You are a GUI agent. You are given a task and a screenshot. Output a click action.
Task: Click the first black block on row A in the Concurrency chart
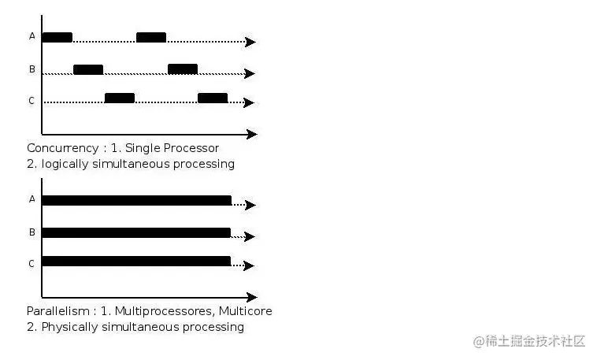57,37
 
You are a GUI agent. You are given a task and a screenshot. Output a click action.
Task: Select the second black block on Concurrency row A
151,37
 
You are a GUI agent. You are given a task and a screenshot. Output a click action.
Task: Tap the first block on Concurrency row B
88,69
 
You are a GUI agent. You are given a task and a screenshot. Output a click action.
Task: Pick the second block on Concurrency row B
183,69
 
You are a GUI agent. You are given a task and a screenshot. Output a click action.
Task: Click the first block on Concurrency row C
120,98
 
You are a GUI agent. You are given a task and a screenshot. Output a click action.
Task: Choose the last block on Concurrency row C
213,98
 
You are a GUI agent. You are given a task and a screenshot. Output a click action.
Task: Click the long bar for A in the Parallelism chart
137,200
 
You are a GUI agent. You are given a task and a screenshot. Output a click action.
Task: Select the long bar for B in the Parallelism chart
136,232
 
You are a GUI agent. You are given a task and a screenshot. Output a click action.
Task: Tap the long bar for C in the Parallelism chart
136,261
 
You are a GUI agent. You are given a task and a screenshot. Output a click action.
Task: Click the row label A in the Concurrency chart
32,35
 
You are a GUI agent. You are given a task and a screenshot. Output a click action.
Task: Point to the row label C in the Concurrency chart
32,101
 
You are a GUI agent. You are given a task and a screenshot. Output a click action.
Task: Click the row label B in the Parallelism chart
32,232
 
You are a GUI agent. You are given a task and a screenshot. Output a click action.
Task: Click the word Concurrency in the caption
63,148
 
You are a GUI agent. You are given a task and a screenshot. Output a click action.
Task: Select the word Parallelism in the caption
58,311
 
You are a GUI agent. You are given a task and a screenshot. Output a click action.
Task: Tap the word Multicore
246,311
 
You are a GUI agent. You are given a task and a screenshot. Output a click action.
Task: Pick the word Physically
69,327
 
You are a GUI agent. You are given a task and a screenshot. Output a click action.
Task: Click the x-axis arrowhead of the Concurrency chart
252,134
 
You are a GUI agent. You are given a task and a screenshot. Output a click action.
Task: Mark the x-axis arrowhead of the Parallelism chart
252,297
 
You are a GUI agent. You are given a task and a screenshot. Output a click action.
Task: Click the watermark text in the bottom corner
528,341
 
